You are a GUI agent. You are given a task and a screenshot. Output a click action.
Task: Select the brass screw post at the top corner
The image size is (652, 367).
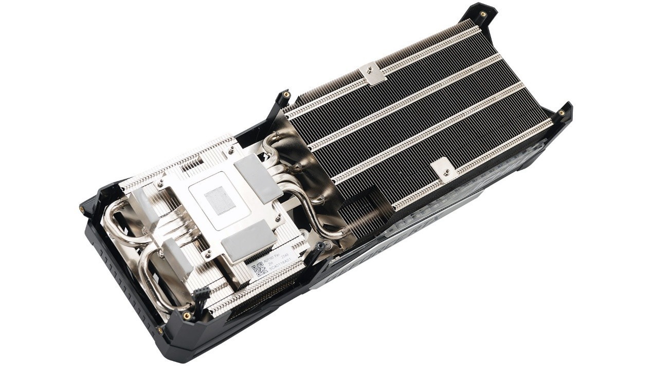482,14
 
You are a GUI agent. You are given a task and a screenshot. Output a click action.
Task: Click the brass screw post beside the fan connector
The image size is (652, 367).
186,315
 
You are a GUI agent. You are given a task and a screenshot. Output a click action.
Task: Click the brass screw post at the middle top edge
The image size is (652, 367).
286,96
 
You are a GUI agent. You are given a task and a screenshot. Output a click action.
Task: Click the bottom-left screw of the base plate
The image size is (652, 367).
208,253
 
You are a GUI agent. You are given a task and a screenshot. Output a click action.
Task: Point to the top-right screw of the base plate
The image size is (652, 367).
231,150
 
